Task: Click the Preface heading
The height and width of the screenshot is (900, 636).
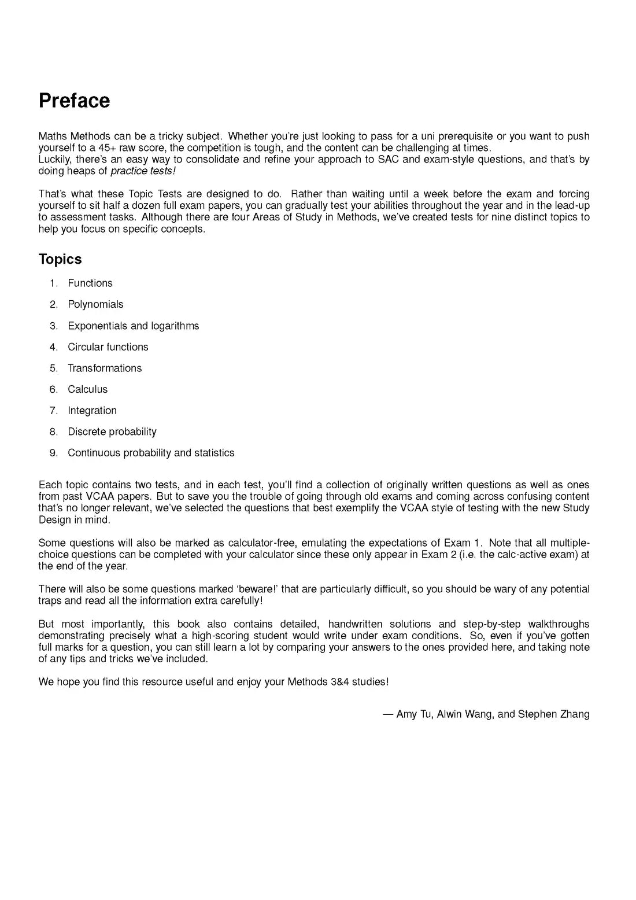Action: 74,101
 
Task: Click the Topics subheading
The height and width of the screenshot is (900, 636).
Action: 60,259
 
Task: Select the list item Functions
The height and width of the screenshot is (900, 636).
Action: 90,283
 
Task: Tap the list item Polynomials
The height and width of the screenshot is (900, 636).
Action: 95,305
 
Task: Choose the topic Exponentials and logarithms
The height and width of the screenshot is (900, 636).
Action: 133,326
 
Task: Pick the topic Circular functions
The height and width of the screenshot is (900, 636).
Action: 108,347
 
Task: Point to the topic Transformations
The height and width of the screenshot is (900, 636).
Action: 105,368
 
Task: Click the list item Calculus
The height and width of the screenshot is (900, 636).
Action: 87,390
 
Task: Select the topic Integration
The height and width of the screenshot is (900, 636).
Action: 92,411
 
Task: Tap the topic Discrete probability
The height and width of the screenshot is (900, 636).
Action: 112,432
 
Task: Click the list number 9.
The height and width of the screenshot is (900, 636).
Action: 54,453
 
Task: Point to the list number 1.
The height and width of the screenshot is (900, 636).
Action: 54,283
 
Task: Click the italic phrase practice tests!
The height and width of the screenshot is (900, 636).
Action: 143,171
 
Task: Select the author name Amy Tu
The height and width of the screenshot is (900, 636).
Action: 414,714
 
